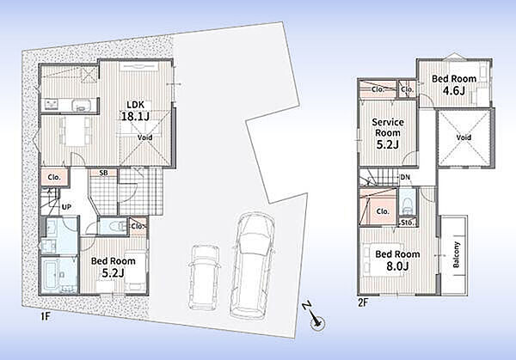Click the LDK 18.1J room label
[x=136, y=111]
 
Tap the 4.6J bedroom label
[x=454, y=84]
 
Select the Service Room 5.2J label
[x=388, y=133]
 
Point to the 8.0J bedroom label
[x=397, y=260]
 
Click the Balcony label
[x=457, y=255]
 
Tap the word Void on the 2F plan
[x=464, y=137]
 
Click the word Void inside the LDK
[x=144, y=137]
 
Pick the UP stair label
[x=67, y=207]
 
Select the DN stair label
[x=405, y=177]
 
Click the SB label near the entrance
[x=104, y=173]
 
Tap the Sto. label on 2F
[x=408, y=223]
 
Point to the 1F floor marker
[x=45, y=317]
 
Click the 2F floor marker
[x=363, y=302]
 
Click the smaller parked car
[x=205, y=277]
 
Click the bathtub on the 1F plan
[x=52, y=276]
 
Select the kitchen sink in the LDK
[x=80, y=105]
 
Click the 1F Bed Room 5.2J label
[x=114, y=267]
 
